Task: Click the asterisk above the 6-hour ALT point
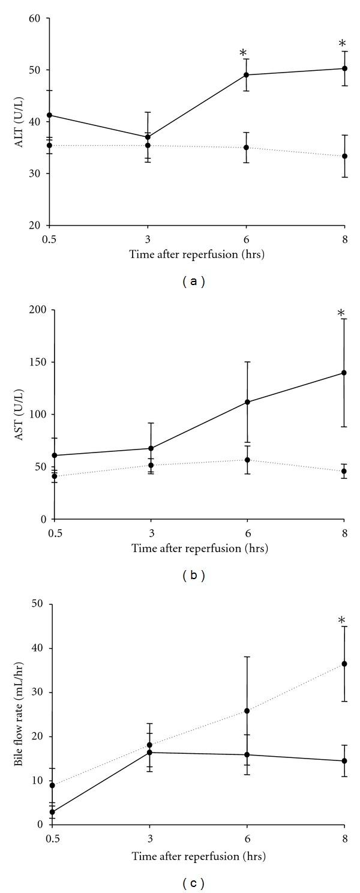(x=243, y=54)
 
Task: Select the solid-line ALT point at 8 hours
(x=344, y=68)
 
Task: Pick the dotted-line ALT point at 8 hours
(x=344, y=156)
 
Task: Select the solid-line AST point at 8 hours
(x=344, y=373)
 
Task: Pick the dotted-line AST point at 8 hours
(x=344, y=471)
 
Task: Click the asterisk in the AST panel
(x=341, y=313)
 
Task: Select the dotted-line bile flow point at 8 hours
(x=344, y=664)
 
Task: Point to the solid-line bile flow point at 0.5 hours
(x=53, y=812)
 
